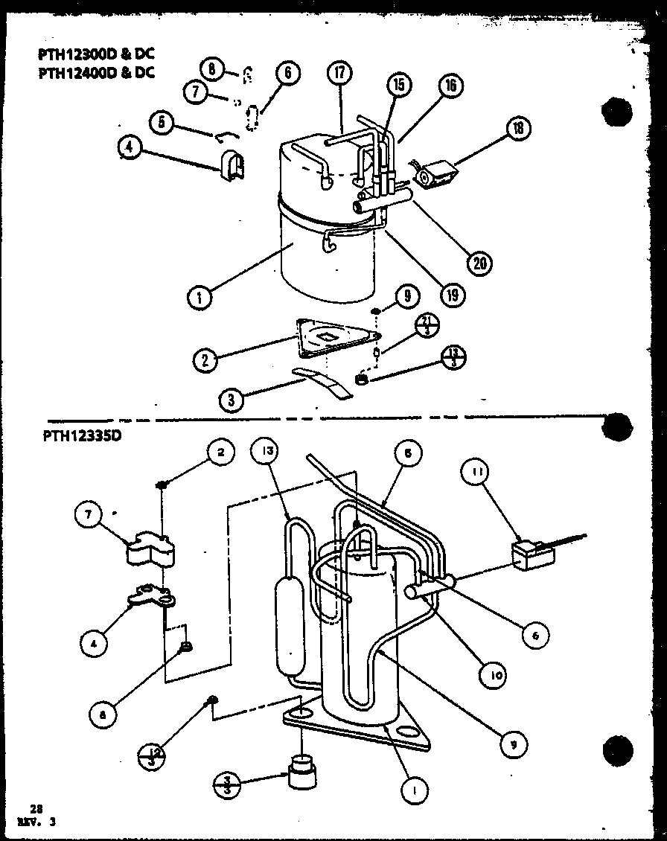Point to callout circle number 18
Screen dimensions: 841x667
(x=517, y=129)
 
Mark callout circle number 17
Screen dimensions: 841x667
(x=339, y=74)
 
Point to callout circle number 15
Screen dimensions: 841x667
(x=398, y=85)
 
